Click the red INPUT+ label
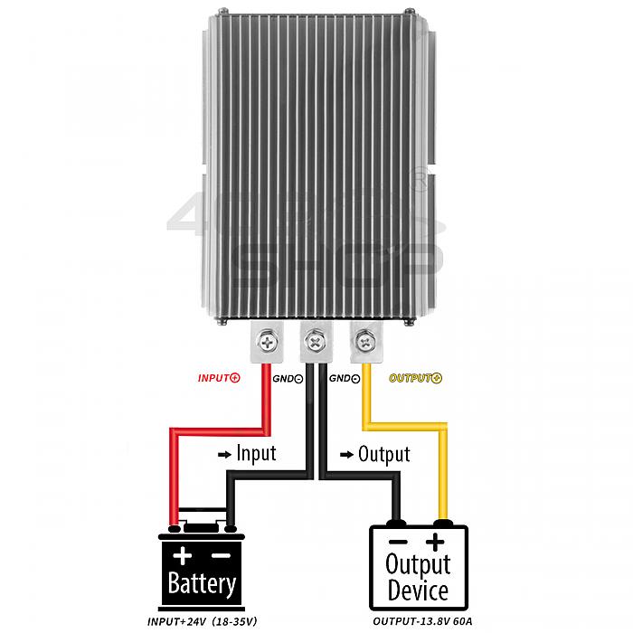pyautogui.click(x=219, y=378)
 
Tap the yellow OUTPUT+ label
pyautogui.click(x=415, y=378)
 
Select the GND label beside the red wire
pyautogui.click(x=288, y=379)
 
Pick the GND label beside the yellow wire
pyautogui.click(x=345, y=379)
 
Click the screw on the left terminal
pyautogui.click(x=267, y=343)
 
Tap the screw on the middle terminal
pyautogui.click(x=316, y=343)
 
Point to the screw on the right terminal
pyautogui.click(x=365, y=343)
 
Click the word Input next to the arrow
pyautogui.click(x=256, y=454)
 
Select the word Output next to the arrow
pyautogui.click(x=384, y=455)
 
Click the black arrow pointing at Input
pyautogui.click(x=224, y=455)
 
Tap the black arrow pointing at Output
pyautogui.click(x=346, y=456)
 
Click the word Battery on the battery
pyautogui.click(x=202, y=583)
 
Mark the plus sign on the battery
pyautogui.click(x=183, y=555)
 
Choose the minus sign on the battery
pyautogui.click(x=222, y=556)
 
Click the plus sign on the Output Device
pyautogui.click(x=435, y=542)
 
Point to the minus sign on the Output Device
pyautogui.click(x=398, y=542)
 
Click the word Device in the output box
pyautogui.click(x=418, y=590)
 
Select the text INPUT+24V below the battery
pyautogui.click(x=177, y=621)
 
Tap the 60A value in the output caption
pyautogui.click(x=463, y=621)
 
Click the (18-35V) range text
pyautogui.click(x=234, y=621)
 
